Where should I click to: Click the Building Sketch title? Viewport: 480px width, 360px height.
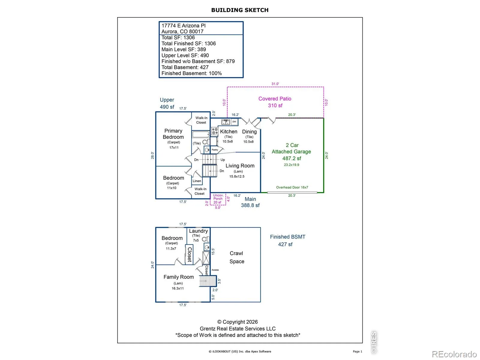[240, 10]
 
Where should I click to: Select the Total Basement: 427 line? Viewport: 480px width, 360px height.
[185, 67]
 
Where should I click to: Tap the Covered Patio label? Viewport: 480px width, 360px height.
[275, 99]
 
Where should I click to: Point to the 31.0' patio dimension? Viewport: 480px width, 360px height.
[275, 84]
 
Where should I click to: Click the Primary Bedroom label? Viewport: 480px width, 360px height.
[173, 134]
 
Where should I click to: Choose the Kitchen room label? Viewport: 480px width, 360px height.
[229, 132]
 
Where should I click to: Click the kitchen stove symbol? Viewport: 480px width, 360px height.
[214, 131]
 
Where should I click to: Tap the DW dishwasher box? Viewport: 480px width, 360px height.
[234, 122]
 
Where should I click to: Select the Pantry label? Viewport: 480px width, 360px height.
[215, 150]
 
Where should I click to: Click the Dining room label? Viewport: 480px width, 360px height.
[249, 132]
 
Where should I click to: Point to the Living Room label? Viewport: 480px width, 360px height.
[240, 166]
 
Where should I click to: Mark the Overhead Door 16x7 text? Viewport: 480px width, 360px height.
[292, 187]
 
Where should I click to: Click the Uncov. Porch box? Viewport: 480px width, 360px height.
[218, 199]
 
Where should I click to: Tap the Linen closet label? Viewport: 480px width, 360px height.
[197, 181]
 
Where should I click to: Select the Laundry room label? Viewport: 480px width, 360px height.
[198, 231]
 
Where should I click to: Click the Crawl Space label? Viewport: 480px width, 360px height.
[237, 257]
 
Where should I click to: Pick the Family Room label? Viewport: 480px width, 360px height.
[178, 277]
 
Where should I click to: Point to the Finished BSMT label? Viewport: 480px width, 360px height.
[288, 237]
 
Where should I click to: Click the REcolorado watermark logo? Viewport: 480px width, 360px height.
[454, 354]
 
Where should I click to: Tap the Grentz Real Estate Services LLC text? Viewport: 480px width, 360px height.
[238, 328]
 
